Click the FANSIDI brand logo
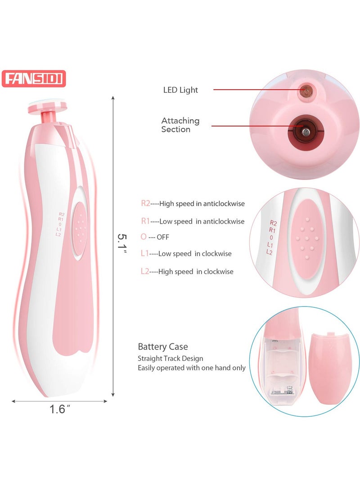click(x=34, y=79)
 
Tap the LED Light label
click(x=180, y=90)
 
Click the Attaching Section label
click(x=180, y=125)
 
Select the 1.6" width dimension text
click(x=59, y=409)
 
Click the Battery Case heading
click(x=163, y=347)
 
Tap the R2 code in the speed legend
click(x=145, y=203)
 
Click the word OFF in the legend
click(x=163, y=237)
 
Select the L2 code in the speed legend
click(x=145, y=271)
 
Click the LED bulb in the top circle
click(x=306, y=91)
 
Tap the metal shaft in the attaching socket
click(x=306, y=132)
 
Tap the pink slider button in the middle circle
click(x=307, y=239)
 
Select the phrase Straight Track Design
click(x=170, y=359)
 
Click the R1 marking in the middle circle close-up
click(x=272, y=230)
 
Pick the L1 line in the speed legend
click(x=186, y=254)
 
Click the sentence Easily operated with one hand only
click(x=192, y=368)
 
